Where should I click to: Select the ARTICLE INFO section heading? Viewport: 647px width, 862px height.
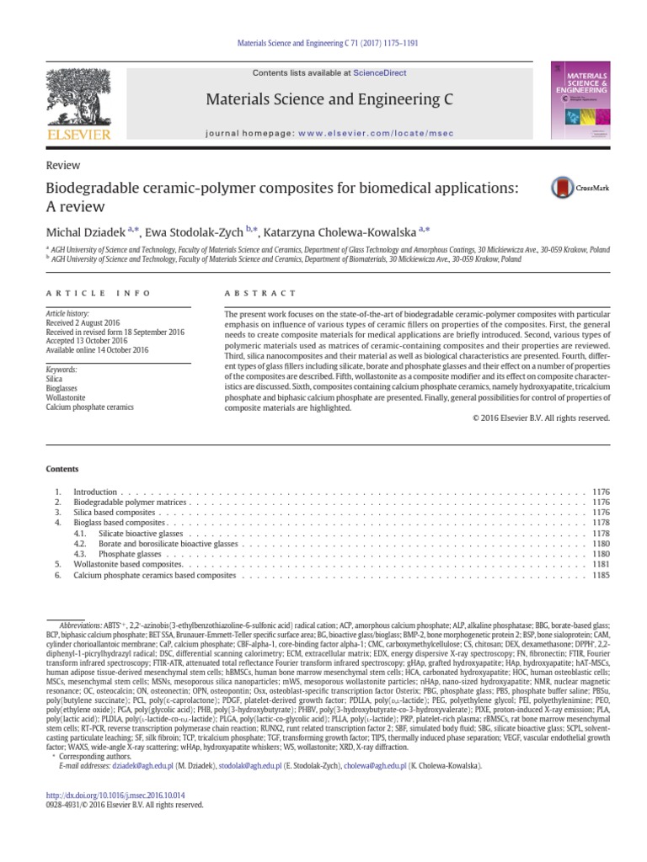click(98, 293)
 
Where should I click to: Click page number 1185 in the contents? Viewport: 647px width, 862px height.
click(601, 576)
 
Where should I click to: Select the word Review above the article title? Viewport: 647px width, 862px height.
click(57, 167)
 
